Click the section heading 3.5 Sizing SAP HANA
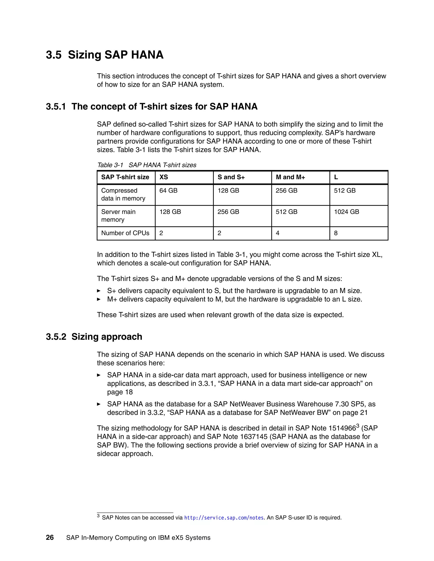(x=105, y=55)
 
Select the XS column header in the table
(x=164, y=177)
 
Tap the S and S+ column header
(x=231, y=177)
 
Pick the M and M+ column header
(x=290, y=177)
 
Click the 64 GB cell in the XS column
(x=168, y=191)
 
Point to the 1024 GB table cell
(x=346, y=212)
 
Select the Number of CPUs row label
(x=125, y=233)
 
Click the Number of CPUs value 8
(x=336, y=233)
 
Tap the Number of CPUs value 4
(x=278, y=233)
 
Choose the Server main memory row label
(x=118, y=216)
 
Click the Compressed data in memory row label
(x=123, y=195)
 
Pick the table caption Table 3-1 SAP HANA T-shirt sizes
(x=147, y=165)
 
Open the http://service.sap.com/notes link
(x=224, y=518)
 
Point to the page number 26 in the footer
(x=50, y=538)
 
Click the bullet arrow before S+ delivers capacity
(x=99, y=291)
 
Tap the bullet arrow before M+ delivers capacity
(x=99, y=299)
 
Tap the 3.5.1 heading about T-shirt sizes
(x=152, y=106)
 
